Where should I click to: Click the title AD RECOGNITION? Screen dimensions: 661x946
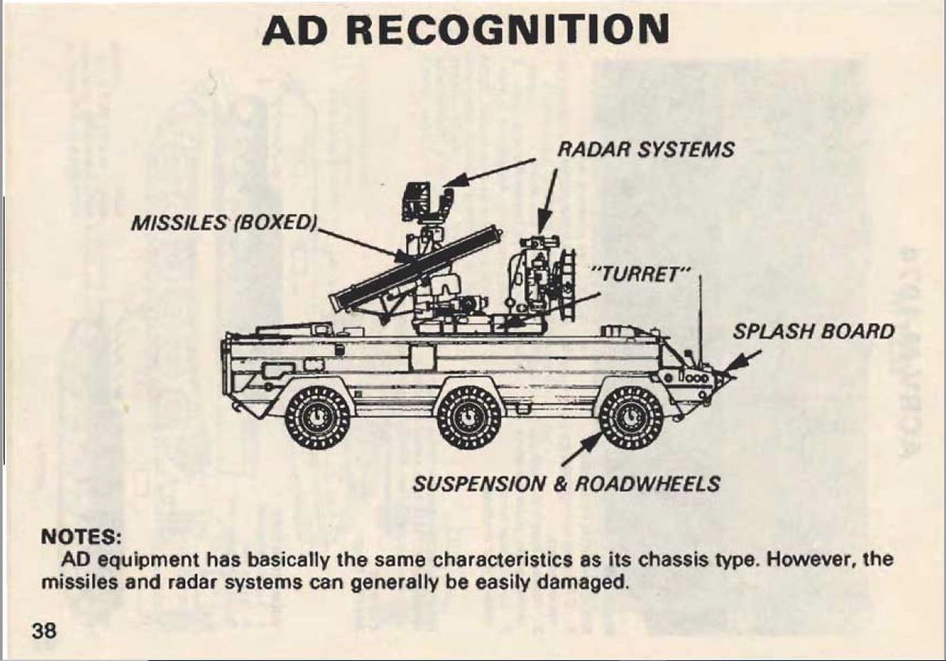465,30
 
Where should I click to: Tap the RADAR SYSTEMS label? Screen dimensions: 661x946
645,150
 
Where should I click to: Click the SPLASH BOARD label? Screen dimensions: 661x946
813,332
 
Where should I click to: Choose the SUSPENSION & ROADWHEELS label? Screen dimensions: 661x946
566,483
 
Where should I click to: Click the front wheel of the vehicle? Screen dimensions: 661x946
631,417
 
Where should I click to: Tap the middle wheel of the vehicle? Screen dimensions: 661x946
469,417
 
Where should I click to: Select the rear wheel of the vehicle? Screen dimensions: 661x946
318,417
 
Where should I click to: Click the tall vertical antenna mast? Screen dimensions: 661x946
699,318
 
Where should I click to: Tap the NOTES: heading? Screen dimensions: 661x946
80,538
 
